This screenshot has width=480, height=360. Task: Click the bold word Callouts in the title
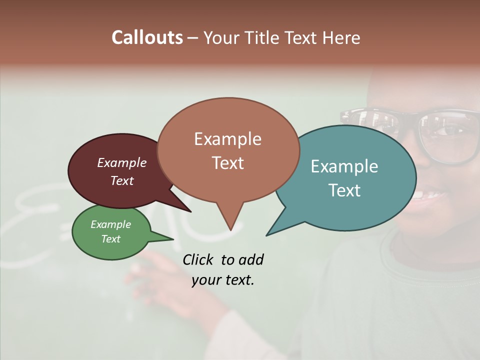[147, 37]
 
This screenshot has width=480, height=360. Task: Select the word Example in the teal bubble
[344, 166]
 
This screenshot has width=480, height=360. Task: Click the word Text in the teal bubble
[344, 190]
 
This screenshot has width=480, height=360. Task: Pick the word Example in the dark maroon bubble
[122, 163]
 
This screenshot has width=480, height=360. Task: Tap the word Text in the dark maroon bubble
[122, 180]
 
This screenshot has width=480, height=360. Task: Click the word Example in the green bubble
[111, 224]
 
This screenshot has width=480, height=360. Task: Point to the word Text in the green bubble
[111, 239]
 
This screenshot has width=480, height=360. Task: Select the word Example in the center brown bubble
[227, 139]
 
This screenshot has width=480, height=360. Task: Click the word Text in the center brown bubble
[227, 163]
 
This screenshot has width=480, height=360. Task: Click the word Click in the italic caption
[199, 259]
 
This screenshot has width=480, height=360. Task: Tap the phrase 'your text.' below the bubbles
[223, 280]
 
